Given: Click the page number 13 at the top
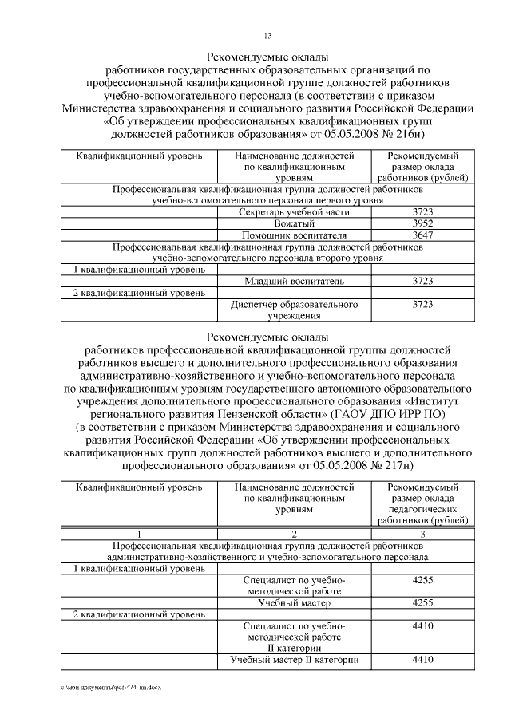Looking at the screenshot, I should (267, 34).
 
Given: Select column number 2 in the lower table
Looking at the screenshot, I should (293, 534).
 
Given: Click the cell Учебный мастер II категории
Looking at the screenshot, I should (293, 661).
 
